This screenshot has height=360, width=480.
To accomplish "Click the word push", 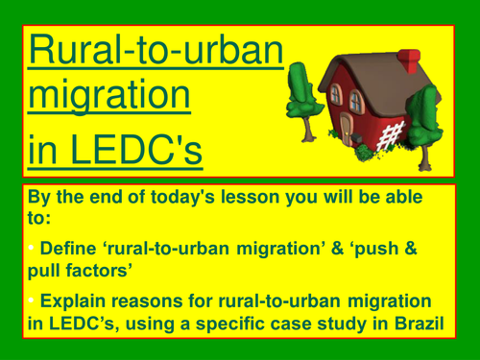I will point(375,250).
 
